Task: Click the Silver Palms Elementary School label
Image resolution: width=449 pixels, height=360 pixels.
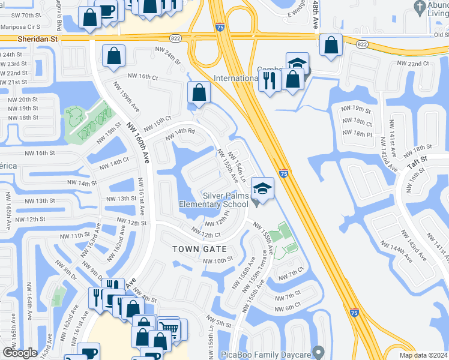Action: [x=214, y=200]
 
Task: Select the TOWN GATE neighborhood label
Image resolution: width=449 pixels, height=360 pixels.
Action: [x=199, y=248]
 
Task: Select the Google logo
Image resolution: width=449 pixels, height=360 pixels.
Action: [x=20, y=352]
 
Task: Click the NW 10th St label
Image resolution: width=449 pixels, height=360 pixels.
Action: [x=217, y=260]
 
